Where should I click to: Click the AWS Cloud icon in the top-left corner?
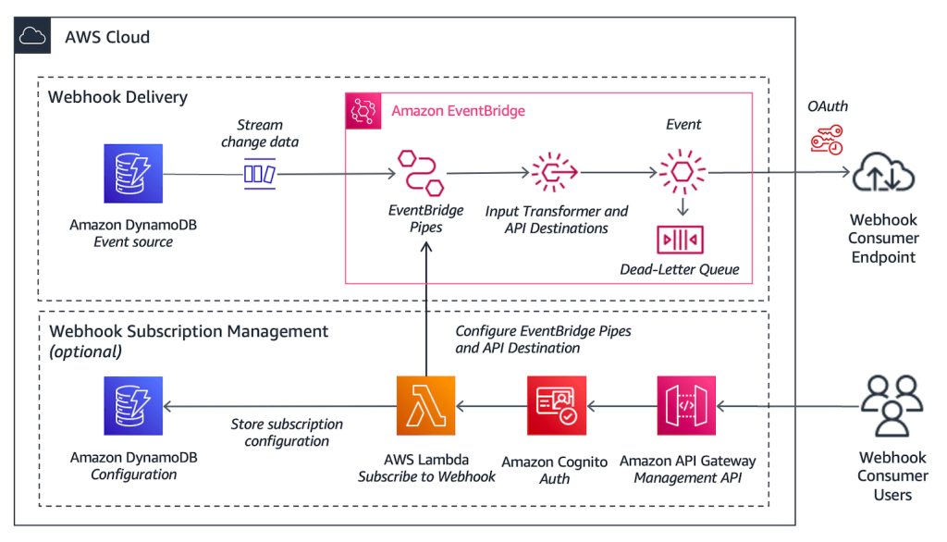(32, 36)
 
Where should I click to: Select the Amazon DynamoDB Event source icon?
(133, 173)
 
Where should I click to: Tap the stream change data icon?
(260, 173)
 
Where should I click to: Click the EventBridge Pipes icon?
(421, 172)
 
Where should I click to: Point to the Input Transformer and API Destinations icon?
(555, 172)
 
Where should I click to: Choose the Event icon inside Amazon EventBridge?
(683, 172)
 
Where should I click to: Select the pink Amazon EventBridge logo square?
(362, 110)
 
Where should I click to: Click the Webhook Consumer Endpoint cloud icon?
(883, 174)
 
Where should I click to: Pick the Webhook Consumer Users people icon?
(892, 405)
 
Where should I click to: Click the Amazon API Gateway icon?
(687, 405)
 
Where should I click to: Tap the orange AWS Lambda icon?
(425, 405)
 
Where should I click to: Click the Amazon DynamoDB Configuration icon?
(133, 405)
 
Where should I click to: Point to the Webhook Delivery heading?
(117, 97)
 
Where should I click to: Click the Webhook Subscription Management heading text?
(188, 331)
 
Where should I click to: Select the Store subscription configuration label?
(287, 432)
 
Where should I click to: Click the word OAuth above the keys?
(827, 106)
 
